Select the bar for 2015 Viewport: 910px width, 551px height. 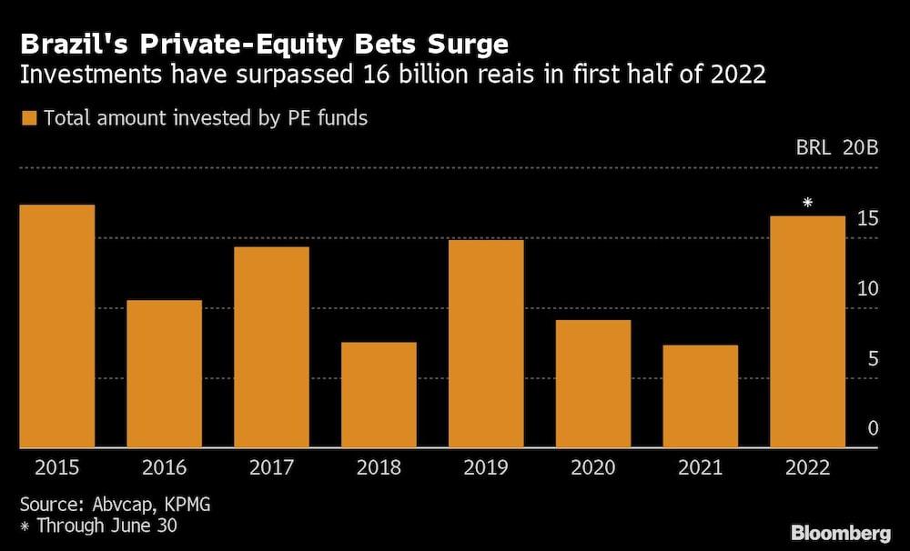tap(56, 326)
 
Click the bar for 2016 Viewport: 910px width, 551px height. tap(164, 374)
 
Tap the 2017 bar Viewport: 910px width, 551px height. tap(271, 347)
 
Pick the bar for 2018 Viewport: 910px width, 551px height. tap(379, 395)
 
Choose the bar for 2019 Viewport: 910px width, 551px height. tap(486, 344)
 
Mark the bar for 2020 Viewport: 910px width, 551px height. tap(593, 384)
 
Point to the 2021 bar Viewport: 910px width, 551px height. tap(701, 396)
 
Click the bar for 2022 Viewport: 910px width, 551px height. tap(808, 332)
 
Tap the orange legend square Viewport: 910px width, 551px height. tap(28, 118)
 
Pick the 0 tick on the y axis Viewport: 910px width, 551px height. tap(873, 428)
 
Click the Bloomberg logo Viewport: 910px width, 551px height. tap(841, 532)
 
